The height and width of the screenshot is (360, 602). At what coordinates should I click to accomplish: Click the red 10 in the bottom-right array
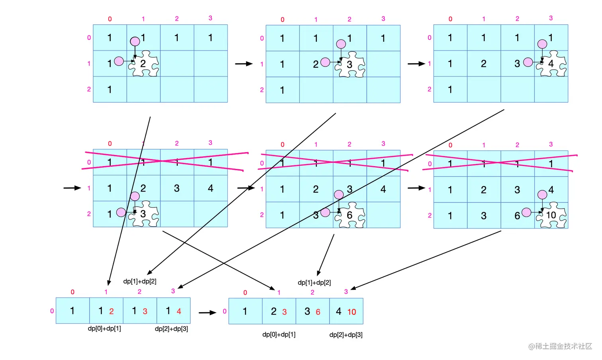[352, 312]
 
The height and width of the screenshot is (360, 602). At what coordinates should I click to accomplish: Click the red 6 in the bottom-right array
[318, 312]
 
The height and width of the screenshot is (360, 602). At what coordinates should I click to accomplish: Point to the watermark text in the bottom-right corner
[560, 346]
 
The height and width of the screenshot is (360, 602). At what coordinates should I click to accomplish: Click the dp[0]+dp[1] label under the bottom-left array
[104, 329]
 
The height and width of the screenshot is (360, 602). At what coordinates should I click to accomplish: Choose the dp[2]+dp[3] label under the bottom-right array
[346, 335]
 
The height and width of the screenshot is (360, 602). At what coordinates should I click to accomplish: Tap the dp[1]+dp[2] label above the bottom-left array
[140, 281]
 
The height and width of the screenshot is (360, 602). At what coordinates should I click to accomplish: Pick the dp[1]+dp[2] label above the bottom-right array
[314, 282]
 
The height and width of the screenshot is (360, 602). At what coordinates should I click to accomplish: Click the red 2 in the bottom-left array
[111, 311]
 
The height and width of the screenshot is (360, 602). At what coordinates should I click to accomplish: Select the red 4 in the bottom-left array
[179, 311]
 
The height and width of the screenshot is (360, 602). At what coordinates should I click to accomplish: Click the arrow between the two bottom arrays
[207, 313]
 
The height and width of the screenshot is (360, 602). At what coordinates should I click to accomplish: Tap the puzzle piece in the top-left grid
[144, 64]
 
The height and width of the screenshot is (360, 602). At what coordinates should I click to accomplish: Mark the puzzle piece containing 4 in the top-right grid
[552, 64]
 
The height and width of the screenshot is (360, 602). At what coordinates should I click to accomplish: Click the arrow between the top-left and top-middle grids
[244, 64]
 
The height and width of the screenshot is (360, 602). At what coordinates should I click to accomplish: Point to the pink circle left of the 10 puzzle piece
[526, 212]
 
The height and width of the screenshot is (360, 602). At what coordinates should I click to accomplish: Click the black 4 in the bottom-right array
[338, 311]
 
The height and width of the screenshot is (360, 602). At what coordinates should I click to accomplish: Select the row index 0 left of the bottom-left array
[52, 311]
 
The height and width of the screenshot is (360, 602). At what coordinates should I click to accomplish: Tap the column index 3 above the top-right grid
[551, 18]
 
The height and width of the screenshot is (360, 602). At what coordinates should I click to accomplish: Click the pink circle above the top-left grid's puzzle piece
[135, 41]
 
